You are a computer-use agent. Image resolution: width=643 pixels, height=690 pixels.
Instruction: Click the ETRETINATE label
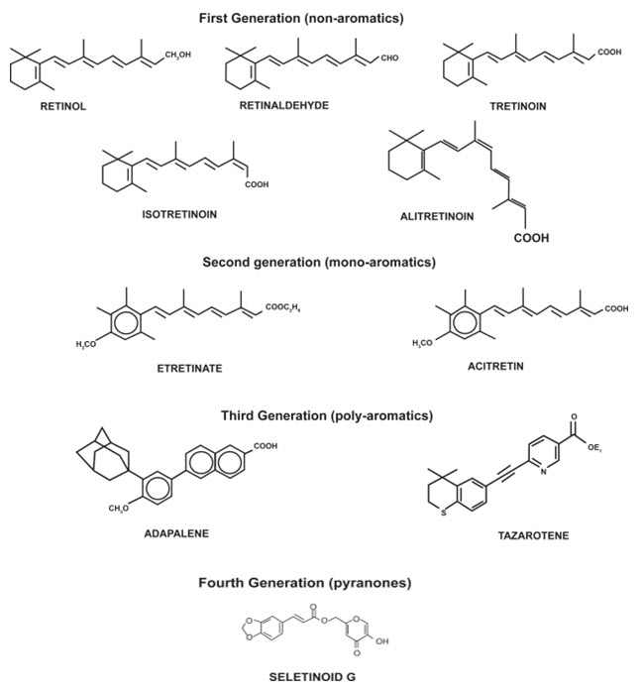189,368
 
